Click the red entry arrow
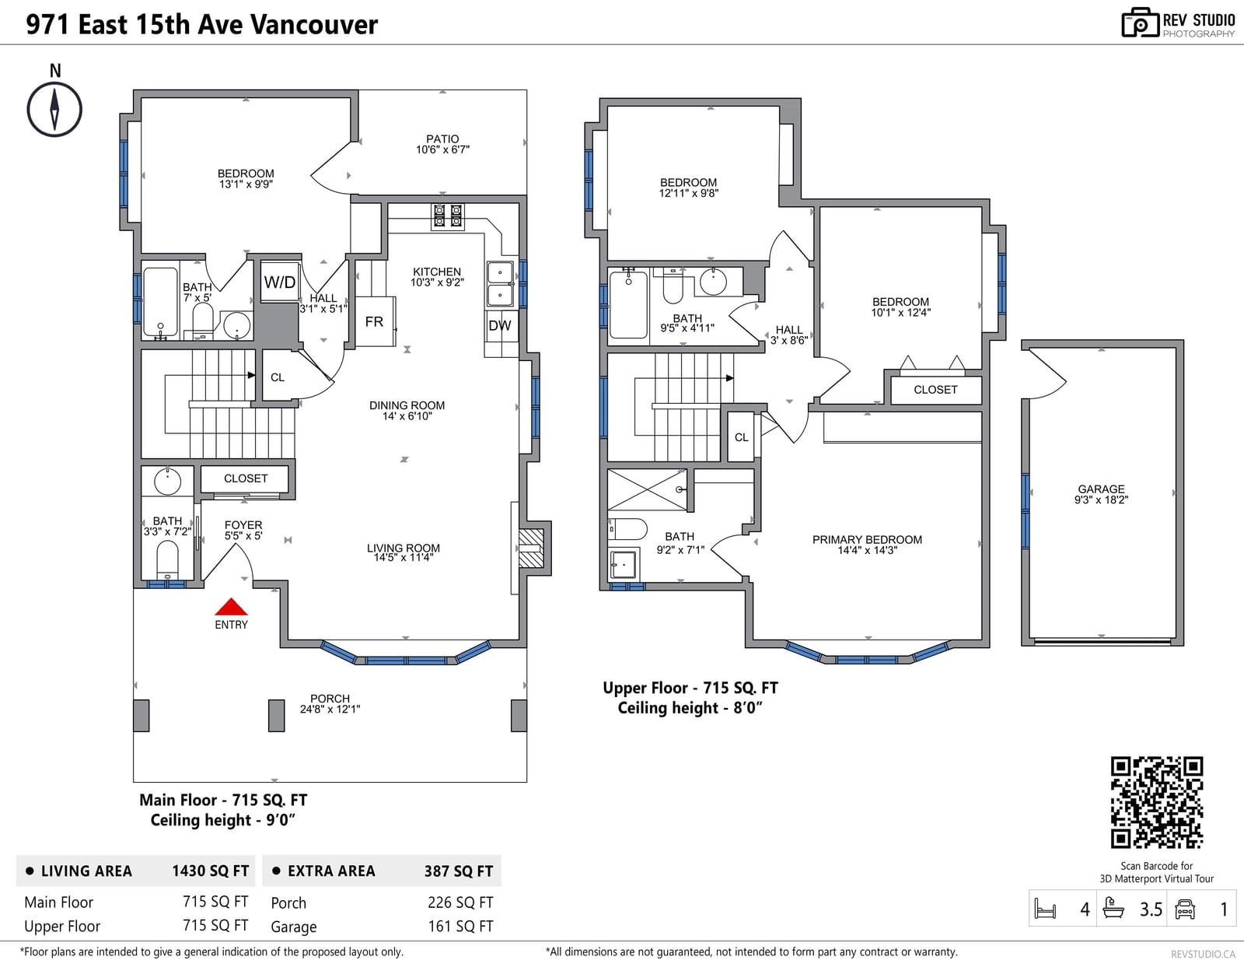[x=231, y=606]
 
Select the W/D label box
[x=279, y=282]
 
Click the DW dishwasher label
[x=500, y=325]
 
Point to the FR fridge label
[x=374, y=322]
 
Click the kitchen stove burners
[x=448, y=216]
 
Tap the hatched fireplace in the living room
[x=531, y=548]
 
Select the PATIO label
[x=442, y=139]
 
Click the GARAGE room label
[x=1101, y=489]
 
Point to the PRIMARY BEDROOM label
[x=868, y=539]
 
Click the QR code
[x=1156, y=802]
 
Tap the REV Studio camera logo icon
[x=1140, y=23]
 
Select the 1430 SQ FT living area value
[x=211, y=871]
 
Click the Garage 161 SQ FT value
[x=460, y=926]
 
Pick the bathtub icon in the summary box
[x=1113, y=909]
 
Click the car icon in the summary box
[x=1184, y=909]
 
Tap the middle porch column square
[x=277, y=715]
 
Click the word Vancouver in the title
[x=314, y=25]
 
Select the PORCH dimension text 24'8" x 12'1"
[x=330, y=709]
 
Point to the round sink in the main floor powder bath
[x=167, y=481]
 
